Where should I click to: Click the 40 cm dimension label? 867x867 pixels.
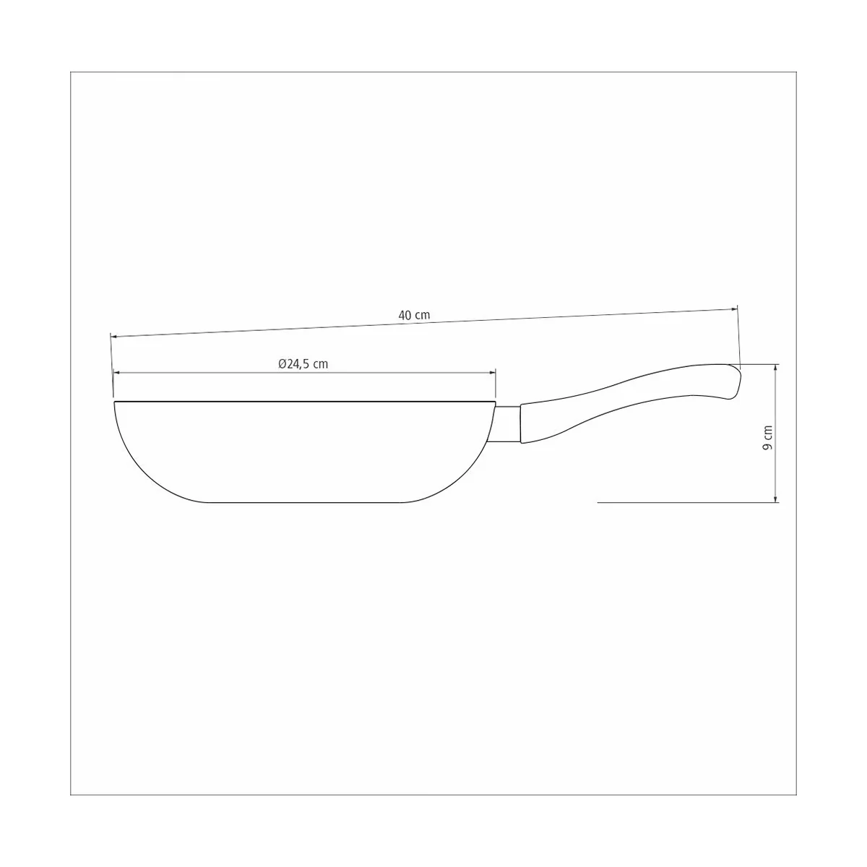tap(414, 316)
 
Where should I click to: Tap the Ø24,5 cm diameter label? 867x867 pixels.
tap(303, 364)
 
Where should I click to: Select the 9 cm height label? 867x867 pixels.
tap(768, 438)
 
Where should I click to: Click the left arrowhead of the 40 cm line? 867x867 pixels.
tap(114, 336)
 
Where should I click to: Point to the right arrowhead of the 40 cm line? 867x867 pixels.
tap(734, 309)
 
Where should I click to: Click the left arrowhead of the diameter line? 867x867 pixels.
tap(116, 373)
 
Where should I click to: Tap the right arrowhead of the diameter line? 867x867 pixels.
tap(492, 373)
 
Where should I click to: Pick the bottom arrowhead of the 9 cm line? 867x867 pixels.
tap(775, 499)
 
